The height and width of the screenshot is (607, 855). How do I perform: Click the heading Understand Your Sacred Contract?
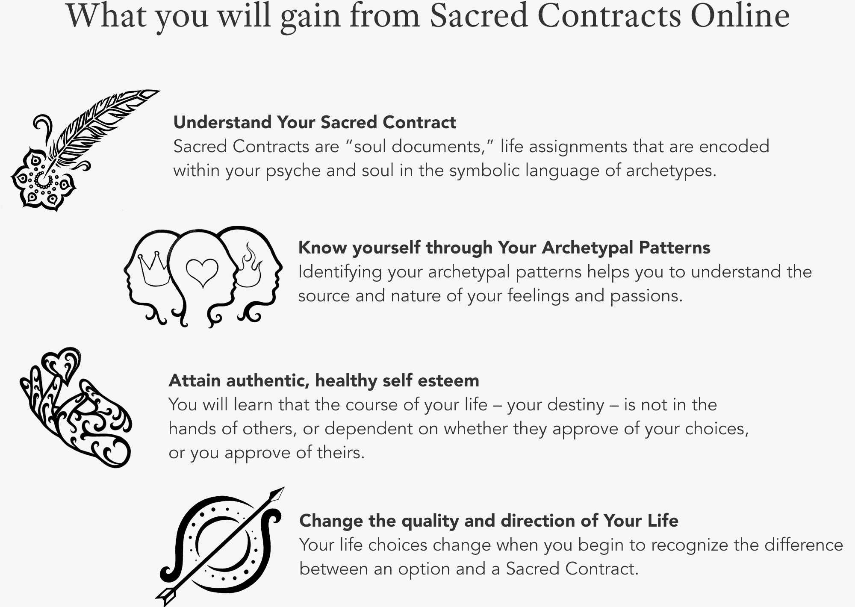click(315, 122)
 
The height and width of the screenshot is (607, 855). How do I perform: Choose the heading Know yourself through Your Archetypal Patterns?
click(504, 248)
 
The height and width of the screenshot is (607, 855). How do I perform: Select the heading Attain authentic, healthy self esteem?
click(324, 380)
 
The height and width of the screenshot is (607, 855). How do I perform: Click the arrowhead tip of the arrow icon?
click(284, 488)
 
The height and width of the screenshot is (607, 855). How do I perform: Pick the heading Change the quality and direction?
click(489, 521)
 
